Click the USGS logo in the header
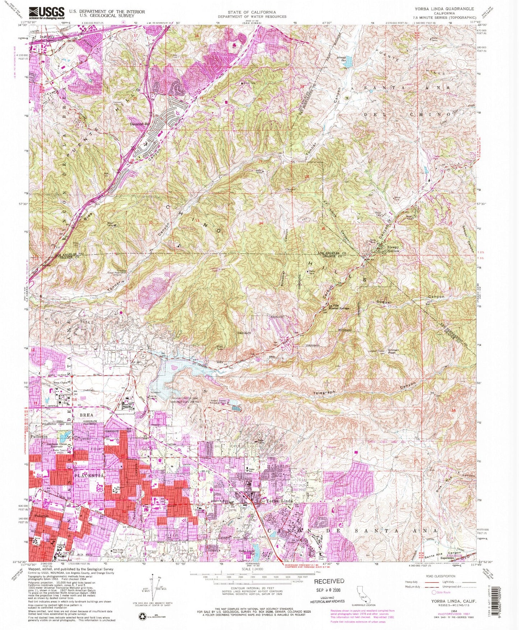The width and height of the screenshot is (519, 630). pyautogui.click(x=47, y=13)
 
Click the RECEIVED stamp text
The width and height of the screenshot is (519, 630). pyautogui.click(x=329, y=581)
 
